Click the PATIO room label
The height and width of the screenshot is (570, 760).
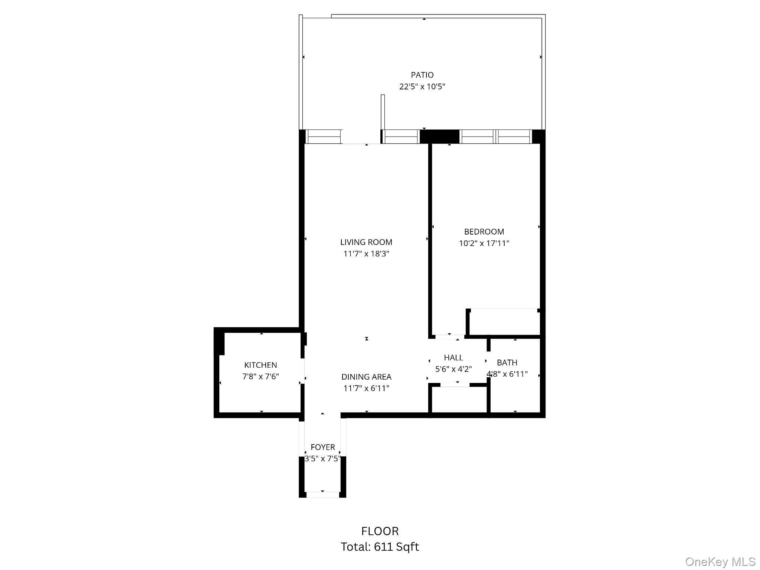422,75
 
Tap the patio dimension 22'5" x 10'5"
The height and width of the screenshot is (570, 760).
422,87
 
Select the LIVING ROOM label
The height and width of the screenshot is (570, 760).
366,242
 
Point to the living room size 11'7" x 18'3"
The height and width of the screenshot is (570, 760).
366,254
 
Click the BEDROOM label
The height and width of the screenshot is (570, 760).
484,232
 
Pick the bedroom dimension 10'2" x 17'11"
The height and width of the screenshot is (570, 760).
484,244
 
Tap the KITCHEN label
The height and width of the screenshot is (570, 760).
261,365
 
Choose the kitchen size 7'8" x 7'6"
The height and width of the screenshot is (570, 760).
261,377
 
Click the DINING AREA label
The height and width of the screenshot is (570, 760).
366,377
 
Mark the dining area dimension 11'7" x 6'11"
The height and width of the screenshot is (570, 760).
366,389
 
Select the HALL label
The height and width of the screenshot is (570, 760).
453,358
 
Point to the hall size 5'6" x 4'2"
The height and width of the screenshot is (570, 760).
453,369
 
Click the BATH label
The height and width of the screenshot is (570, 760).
507,363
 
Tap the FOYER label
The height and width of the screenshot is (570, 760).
322,447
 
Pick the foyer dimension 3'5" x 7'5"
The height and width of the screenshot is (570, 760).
322,459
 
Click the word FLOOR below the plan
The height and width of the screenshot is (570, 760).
380,531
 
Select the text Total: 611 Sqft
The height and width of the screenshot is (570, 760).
380,547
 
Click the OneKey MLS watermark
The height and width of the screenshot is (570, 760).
720,562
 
